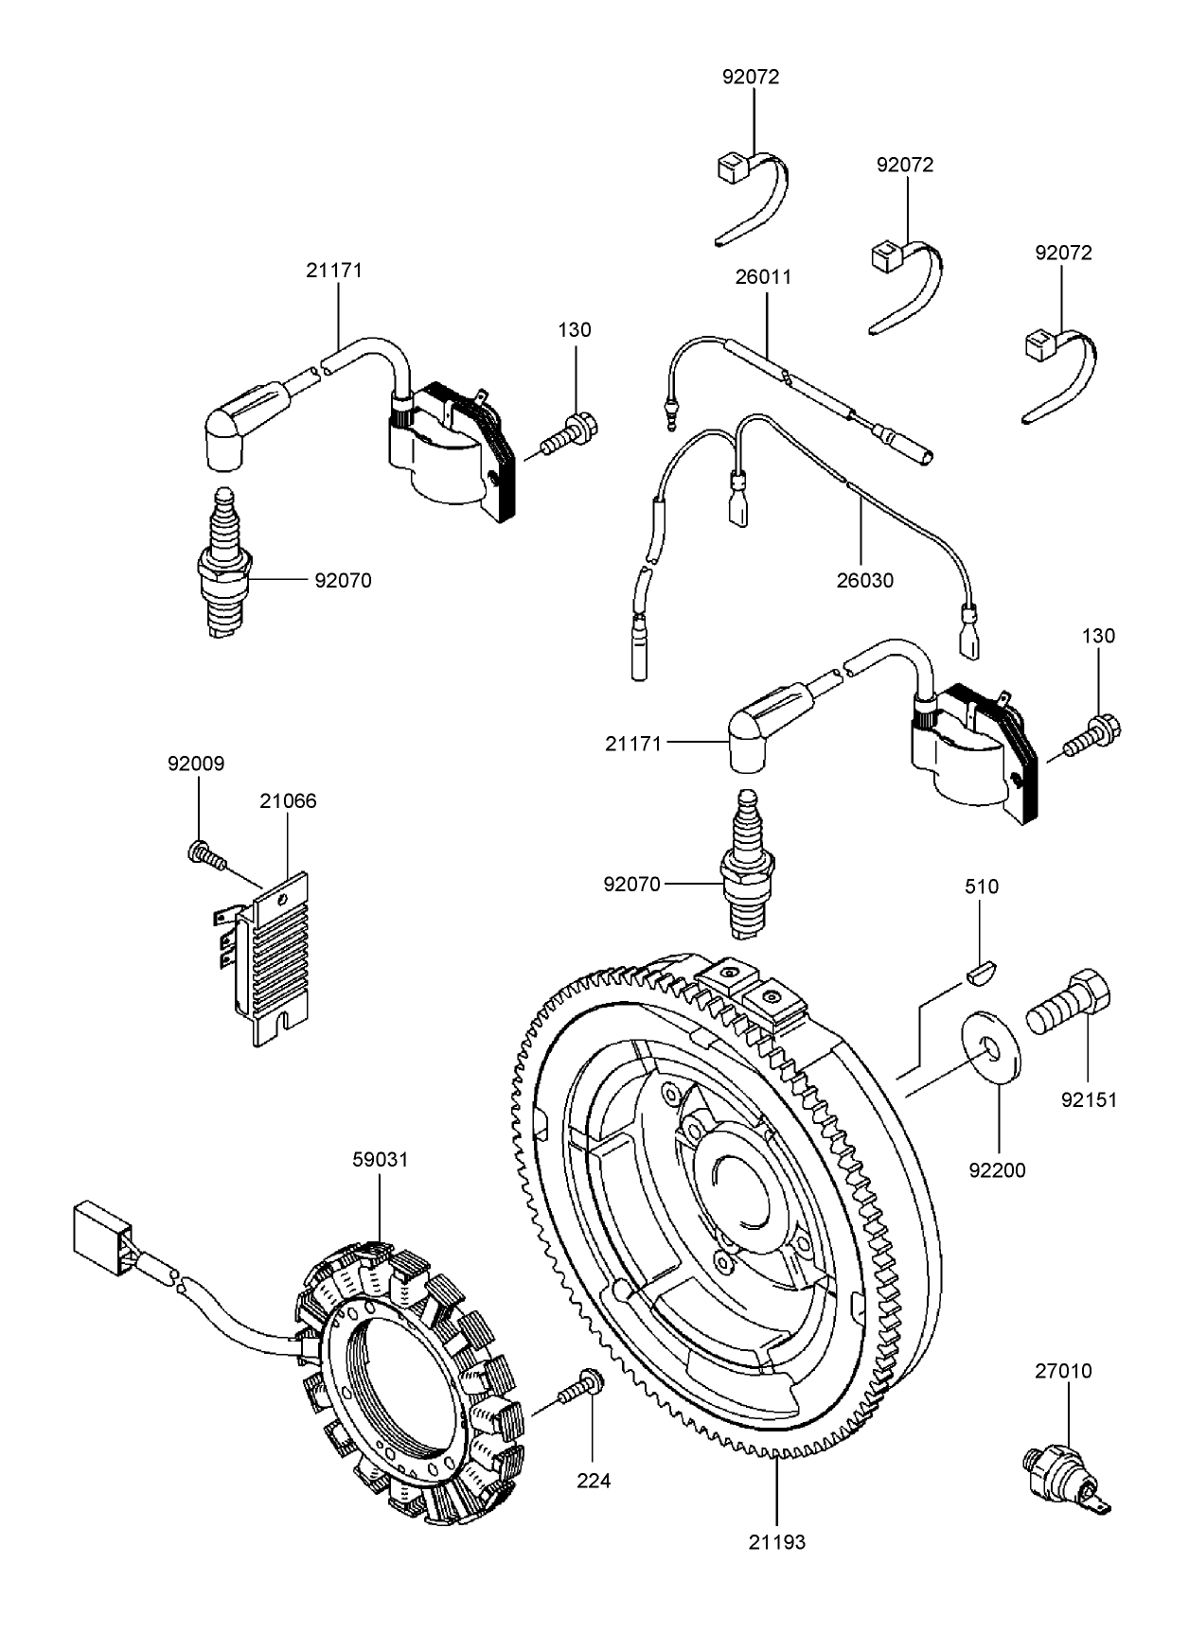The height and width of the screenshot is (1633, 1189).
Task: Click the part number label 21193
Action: pos(776,1541)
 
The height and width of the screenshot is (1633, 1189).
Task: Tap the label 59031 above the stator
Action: pos(380,1159)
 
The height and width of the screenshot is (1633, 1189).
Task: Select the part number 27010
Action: pos(1063,1371)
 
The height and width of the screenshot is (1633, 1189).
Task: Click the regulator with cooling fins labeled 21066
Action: pos(271,956)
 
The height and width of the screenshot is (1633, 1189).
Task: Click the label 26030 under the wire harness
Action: pos(864,580)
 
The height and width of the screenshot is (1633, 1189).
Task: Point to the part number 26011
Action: pos(763,277)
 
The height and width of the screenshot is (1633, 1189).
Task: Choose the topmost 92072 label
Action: pos(751,77)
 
